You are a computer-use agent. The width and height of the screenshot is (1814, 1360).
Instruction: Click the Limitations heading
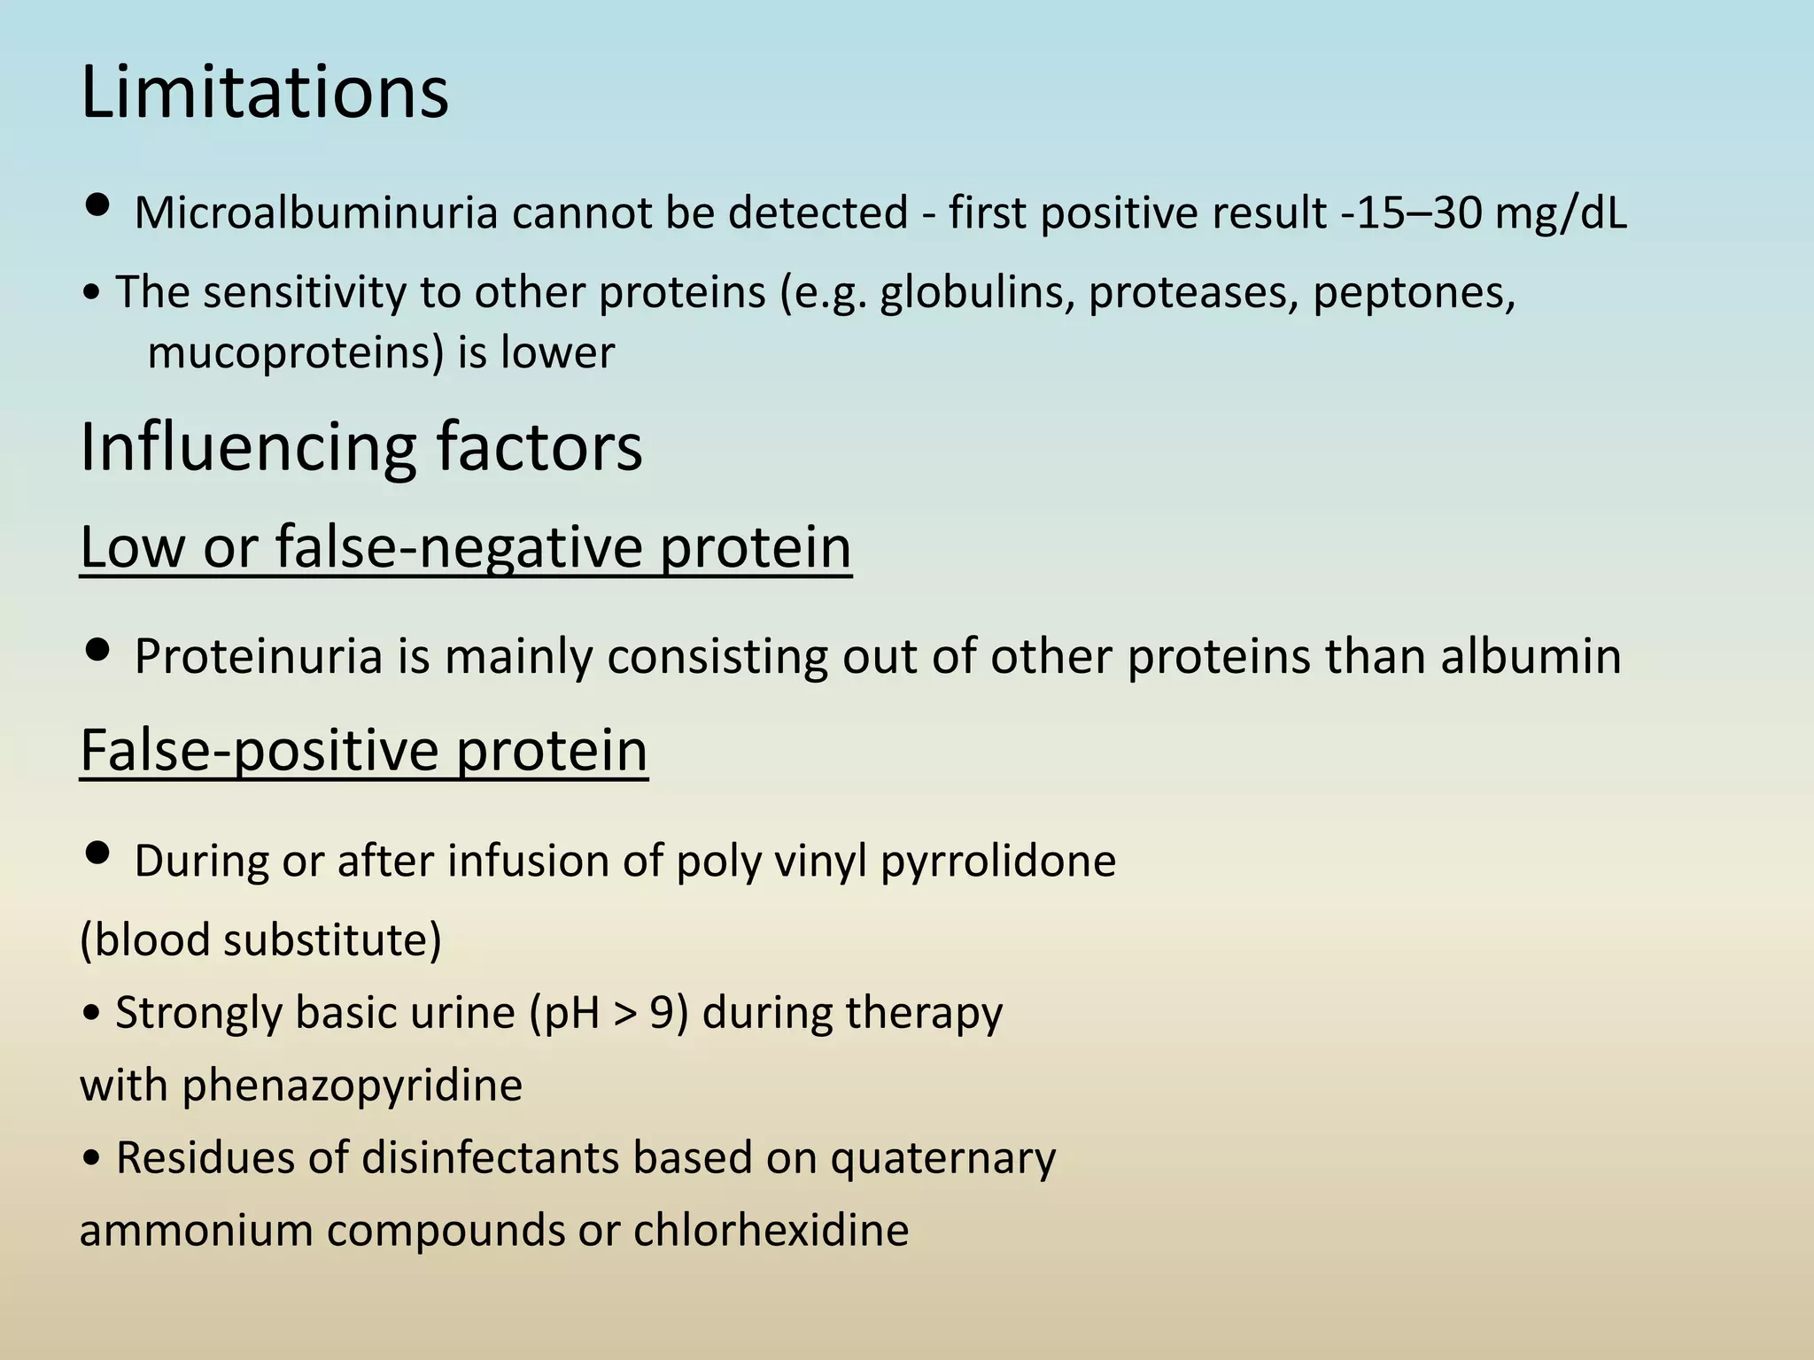tap(264, 93)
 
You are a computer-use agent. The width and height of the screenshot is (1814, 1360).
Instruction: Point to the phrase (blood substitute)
tap(260, 939)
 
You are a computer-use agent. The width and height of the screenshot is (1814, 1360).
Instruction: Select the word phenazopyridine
tap(352, 1086)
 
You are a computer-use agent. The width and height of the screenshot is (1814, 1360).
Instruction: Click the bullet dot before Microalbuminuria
tap(96, 207)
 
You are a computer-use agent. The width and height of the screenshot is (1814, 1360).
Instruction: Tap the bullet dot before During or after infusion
tap(96, 854)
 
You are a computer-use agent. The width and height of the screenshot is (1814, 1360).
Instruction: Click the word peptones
tap(1414, 292)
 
